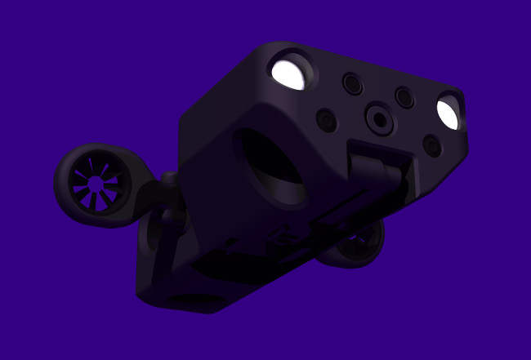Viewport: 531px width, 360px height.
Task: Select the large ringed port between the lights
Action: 379,119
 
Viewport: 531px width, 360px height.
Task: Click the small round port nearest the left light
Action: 352,82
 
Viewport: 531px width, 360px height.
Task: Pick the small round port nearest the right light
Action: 404,97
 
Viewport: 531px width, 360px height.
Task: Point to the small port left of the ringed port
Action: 326,121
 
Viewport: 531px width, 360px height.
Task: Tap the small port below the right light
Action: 432,146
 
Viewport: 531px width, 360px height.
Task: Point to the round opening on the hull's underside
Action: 196,302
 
